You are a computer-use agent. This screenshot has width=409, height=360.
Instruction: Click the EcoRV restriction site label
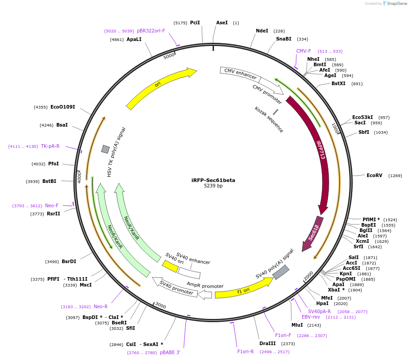tap(374, 175)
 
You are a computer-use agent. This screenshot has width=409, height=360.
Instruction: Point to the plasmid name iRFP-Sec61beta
tap(213, 180)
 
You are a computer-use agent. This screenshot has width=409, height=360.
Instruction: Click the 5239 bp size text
tap(213, 186)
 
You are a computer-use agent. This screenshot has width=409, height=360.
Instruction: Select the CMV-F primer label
tap(304, 51)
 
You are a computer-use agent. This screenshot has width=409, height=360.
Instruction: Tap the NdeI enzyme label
tap(262, 31)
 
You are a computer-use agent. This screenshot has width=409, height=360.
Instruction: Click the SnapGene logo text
tap(395, 4)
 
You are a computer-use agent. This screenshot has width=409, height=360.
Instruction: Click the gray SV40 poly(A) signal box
tap(281, 272)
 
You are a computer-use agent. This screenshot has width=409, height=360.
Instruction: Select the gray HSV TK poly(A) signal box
tap(105, 149)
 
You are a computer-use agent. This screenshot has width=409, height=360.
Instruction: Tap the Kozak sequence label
tap(269, 119)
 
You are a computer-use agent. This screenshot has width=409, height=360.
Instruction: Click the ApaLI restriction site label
tap(134, 39)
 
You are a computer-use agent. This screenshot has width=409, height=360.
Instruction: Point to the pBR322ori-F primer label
tap(151, 31)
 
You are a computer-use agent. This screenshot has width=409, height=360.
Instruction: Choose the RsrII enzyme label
tap(53, 214)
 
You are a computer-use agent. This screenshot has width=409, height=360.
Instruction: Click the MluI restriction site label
tap(297, 325)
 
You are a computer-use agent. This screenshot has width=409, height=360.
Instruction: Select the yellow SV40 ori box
tap(170, 266)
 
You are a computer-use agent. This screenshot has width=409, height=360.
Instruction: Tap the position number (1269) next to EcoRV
tap(395, 175)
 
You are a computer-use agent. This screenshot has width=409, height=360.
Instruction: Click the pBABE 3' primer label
tap(170, 352)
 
